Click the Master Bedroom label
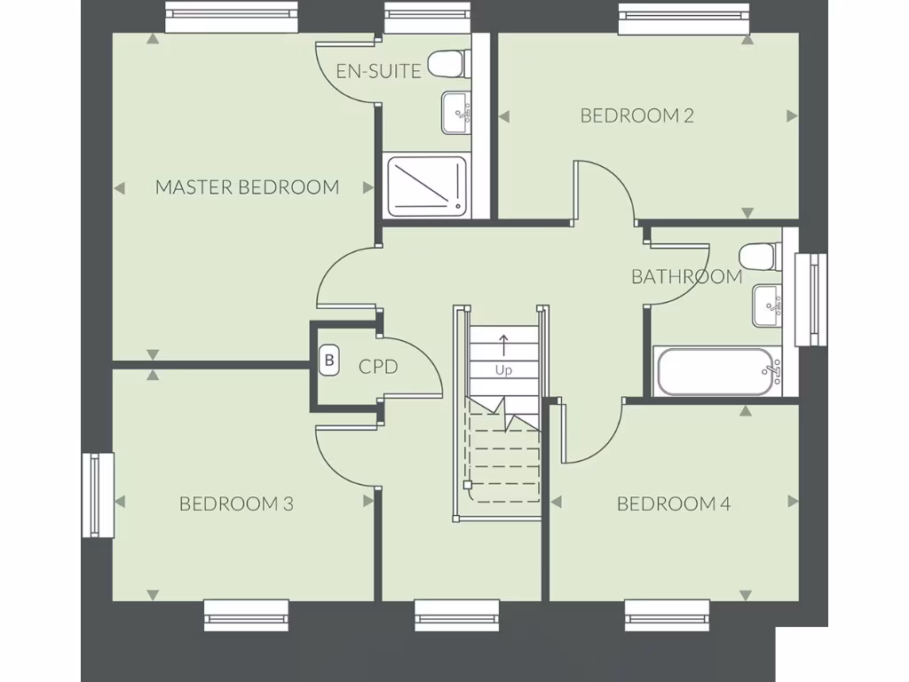247,187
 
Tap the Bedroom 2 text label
636,115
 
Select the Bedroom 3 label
236,504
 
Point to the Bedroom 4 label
674,504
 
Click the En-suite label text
379,71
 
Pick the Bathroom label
686,276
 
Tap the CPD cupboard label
377,366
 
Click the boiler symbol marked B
329,361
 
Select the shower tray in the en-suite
426,185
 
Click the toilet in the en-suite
446,63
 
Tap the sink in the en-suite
457,113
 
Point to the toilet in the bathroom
760,256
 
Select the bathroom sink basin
768,305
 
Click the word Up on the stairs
503,370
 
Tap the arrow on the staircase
503,343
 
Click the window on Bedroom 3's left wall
98,495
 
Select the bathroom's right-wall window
810,299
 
